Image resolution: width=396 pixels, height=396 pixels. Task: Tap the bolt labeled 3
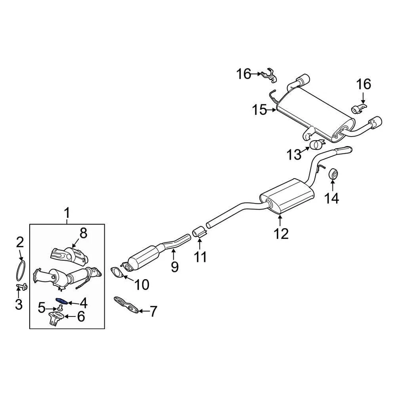click(22, 286)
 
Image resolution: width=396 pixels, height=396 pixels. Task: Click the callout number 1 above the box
click(67, 214)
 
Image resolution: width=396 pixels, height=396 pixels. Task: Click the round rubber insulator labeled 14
click(333, 174)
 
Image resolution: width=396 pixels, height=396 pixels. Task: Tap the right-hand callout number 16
click(364, 84)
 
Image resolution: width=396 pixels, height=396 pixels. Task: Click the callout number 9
click(174, 267)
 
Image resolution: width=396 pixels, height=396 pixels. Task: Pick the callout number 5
click(42, 307)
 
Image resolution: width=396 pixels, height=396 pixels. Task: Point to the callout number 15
click(260, 110)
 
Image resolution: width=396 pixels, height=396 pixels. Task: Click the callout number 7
click(153, 311)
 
